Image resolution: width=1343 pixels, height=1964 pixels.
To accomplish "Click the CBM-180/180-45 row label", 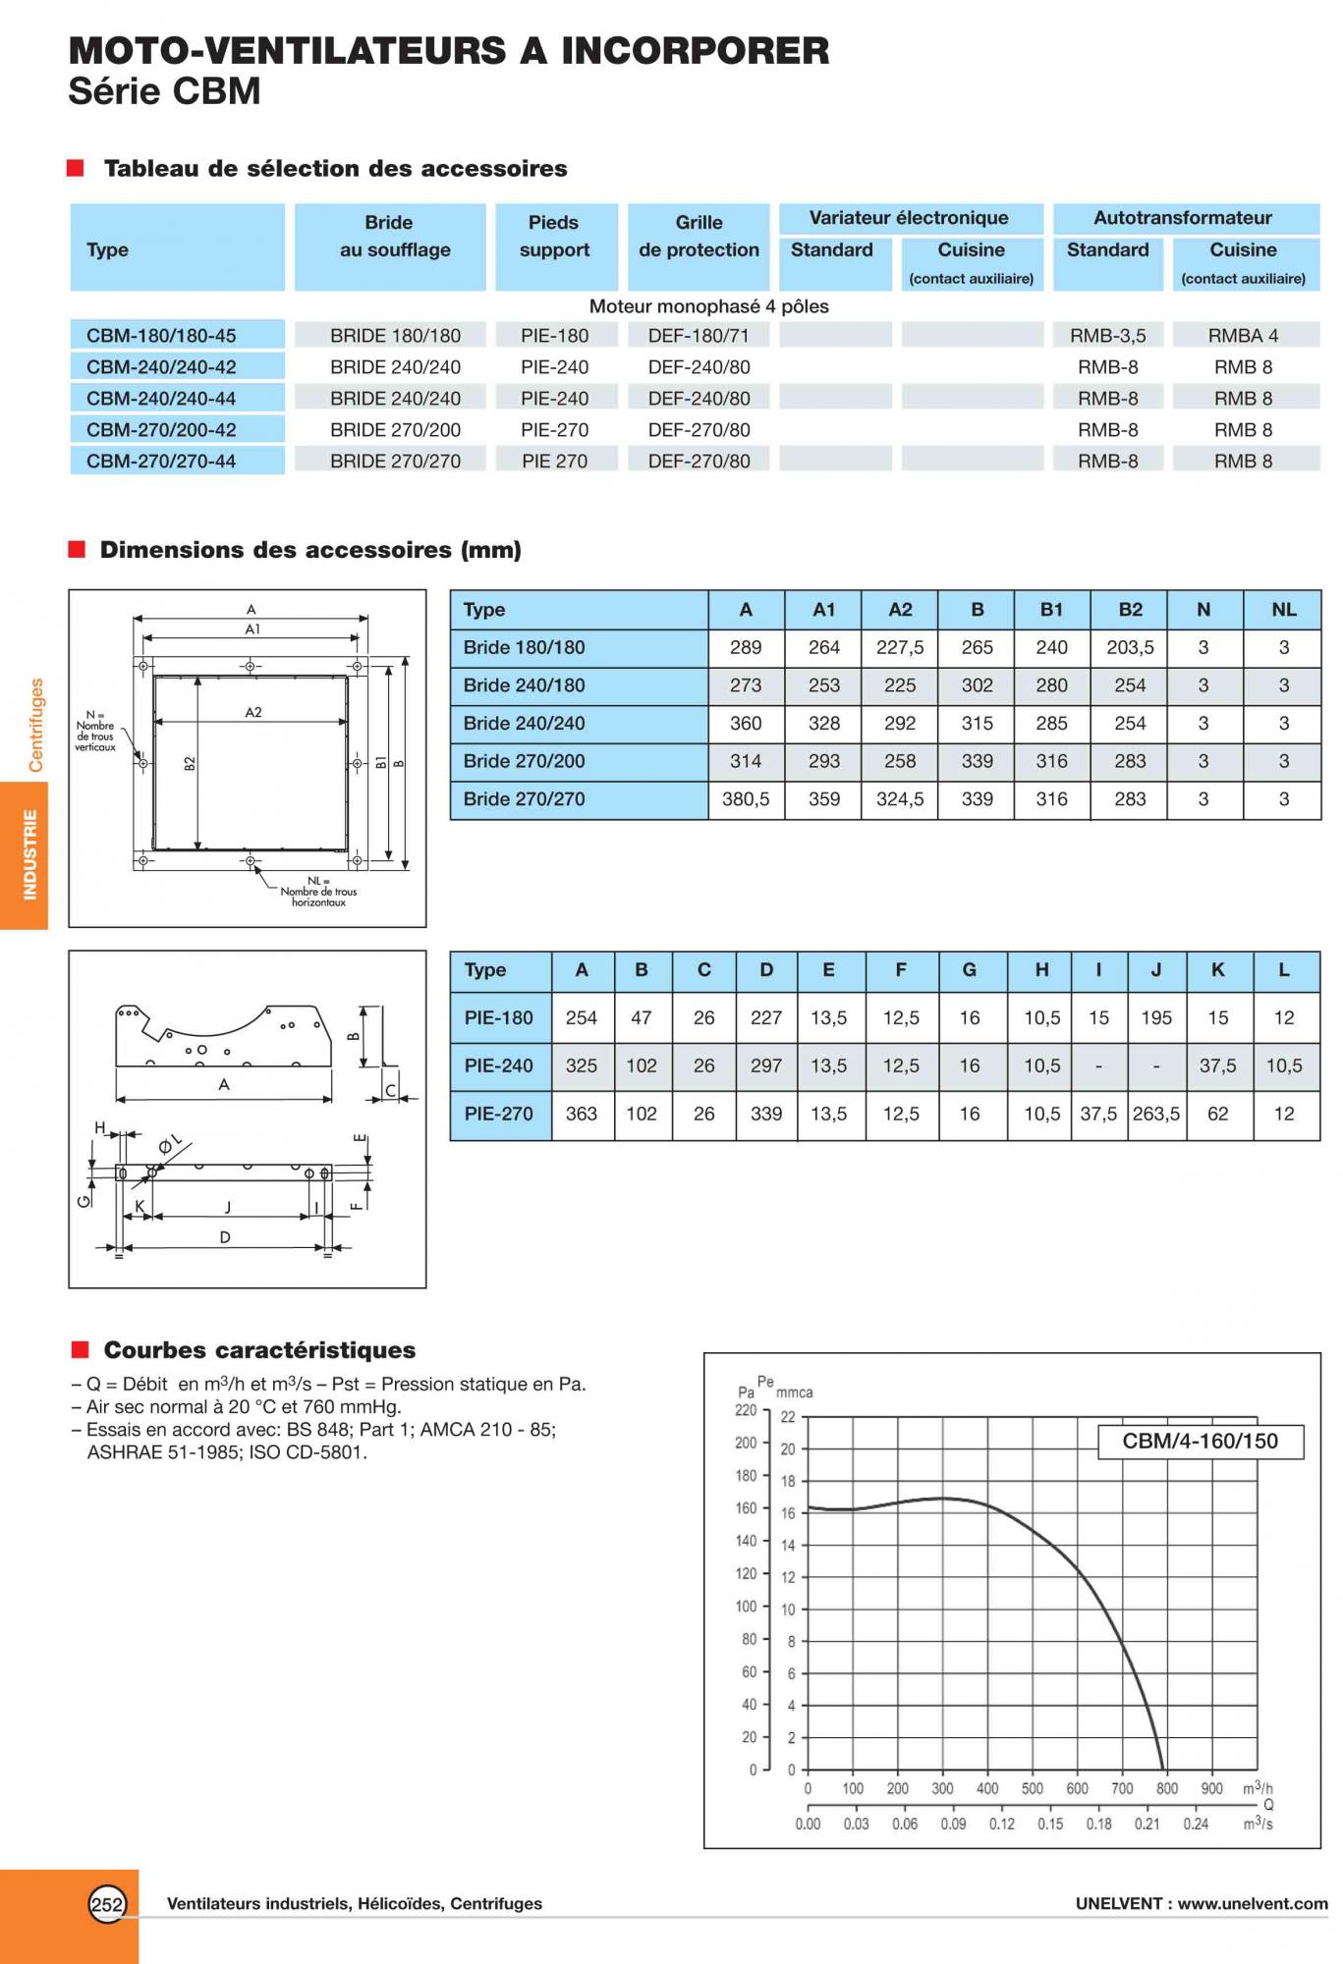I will coord(161,336).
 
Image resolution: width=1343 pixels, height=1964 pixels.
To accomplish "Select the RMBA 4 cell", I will coord(1243,336).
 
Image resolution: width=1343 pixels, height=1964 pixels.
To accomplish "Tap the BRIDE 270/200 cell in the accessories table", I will coord(395,430).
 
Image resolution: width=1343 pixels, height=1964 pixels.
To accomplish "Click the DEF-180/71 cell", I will coord(699,336).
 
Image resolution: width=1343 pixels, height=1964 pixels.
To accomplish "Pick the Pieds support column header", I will coord(554,237).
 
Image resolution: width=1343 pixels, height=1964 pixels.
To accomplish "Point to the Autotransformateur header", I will coord(1183,218).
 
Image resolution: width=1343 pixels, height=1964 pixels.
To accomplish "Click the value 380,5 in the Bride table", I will coord(746,799).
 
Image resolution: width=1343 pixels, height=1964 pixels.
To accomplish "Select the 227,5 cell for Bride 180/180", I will coord(900,648).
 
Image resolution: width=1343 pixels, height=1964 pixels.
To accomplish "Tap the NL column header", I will coord(1283,610).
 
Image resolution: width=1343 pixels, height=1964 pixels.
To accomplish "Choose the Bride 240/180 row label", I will coord(525,685).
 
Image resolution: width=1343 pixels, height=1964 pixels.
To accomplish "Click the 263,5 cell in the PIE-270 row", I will coord(1156,1115).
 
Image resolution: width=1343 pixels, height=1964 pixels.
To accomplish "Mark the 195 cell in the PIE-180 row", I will coord(1156,1018).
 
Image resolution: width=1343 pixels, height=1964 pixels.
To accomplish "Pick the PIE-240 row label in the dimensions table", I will coord(499,1066).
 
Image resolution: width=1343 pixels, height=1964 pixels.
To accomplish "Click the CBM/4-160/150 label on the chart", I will coord(1200,1442).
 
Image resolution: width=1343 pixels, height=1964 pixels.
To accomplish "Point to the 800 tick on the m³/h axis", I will coord(1166,1789).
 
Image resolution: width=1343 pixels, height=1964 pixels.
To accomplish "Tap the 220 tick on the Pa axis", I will coord(746,1411).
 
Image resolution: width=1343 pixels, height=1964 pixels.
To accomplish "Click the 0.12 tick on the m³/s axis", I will coord(1002,1825).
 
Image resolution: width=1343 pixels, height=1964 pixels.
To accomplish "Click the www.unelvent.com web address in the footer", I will coord(1253,1904).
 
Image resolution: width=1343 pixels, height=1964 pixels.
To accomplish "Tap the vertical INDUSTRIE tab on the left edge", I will coord(29,854).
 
